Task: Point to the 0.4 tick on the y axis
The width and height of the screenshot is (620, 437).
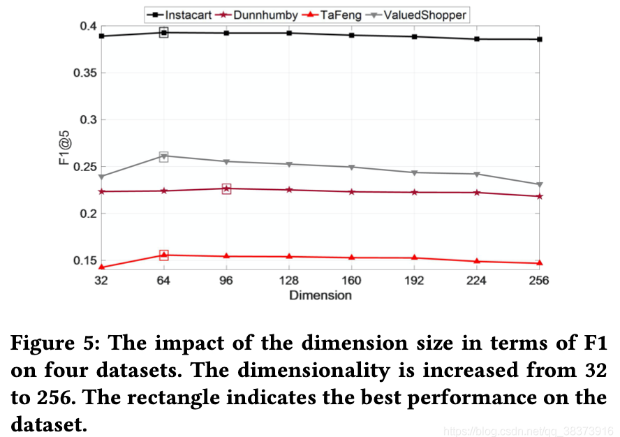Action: pyautogui.click(x=88, y=27)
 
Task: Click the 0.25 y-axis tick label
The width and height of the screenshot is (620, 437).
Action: pyautogui.click(x=84, y=167)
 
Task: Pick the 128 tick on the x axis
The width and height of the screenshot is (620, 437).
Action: pyautogui.click(x=289, y=281)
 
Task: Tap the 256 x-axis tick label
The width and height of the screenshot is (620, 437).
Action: pyautogui.click(x=539, y=281)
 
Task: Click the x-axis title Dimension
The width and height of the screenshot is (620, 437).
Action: pyautogui.click(x=320, y=295)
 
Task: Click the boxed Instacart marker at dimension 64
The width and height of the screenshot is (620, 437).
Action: pyautogui.click(x=164, y=32)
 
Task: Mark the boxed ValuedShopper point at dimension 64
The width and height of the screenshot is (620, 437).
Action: pyautogui.click(x=164, y=156)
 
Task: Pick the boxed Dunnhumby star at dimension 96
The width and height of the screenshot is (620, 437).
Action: pyautogui.click(x=226, y=188)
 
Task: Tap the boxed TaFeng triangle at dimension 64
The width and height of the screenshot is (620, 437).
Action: pyautogui.click(x=164, y=255)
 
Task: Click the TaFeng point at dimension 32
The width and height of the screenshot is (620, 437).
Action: pyautogui.click(x=102, y=267)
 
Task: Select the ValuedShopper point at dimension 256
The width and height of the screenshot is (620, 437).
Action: pyautogui.click(x=539, y=184)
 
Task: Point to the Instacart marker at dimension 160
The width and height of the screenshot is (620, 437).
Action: pyautogui.click(x=351, y=35)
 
